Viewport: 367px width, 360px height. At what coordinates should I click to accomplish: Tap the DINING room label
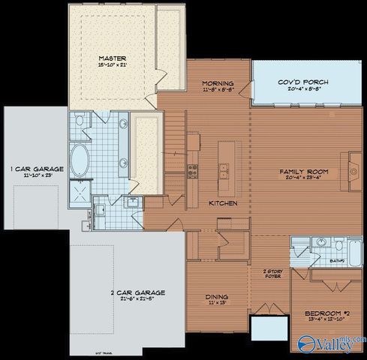click(x=217, y=297)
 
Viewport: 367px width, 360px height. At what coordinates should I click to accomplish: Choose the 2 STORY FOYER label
click(x=272, y=273)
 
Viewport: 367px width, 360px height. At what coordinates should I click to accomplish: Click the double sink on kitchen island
click(x=223, y=169)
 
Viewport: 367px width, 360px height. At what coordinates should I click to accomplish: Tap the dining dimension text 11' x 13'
click(x=217, y=304)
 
